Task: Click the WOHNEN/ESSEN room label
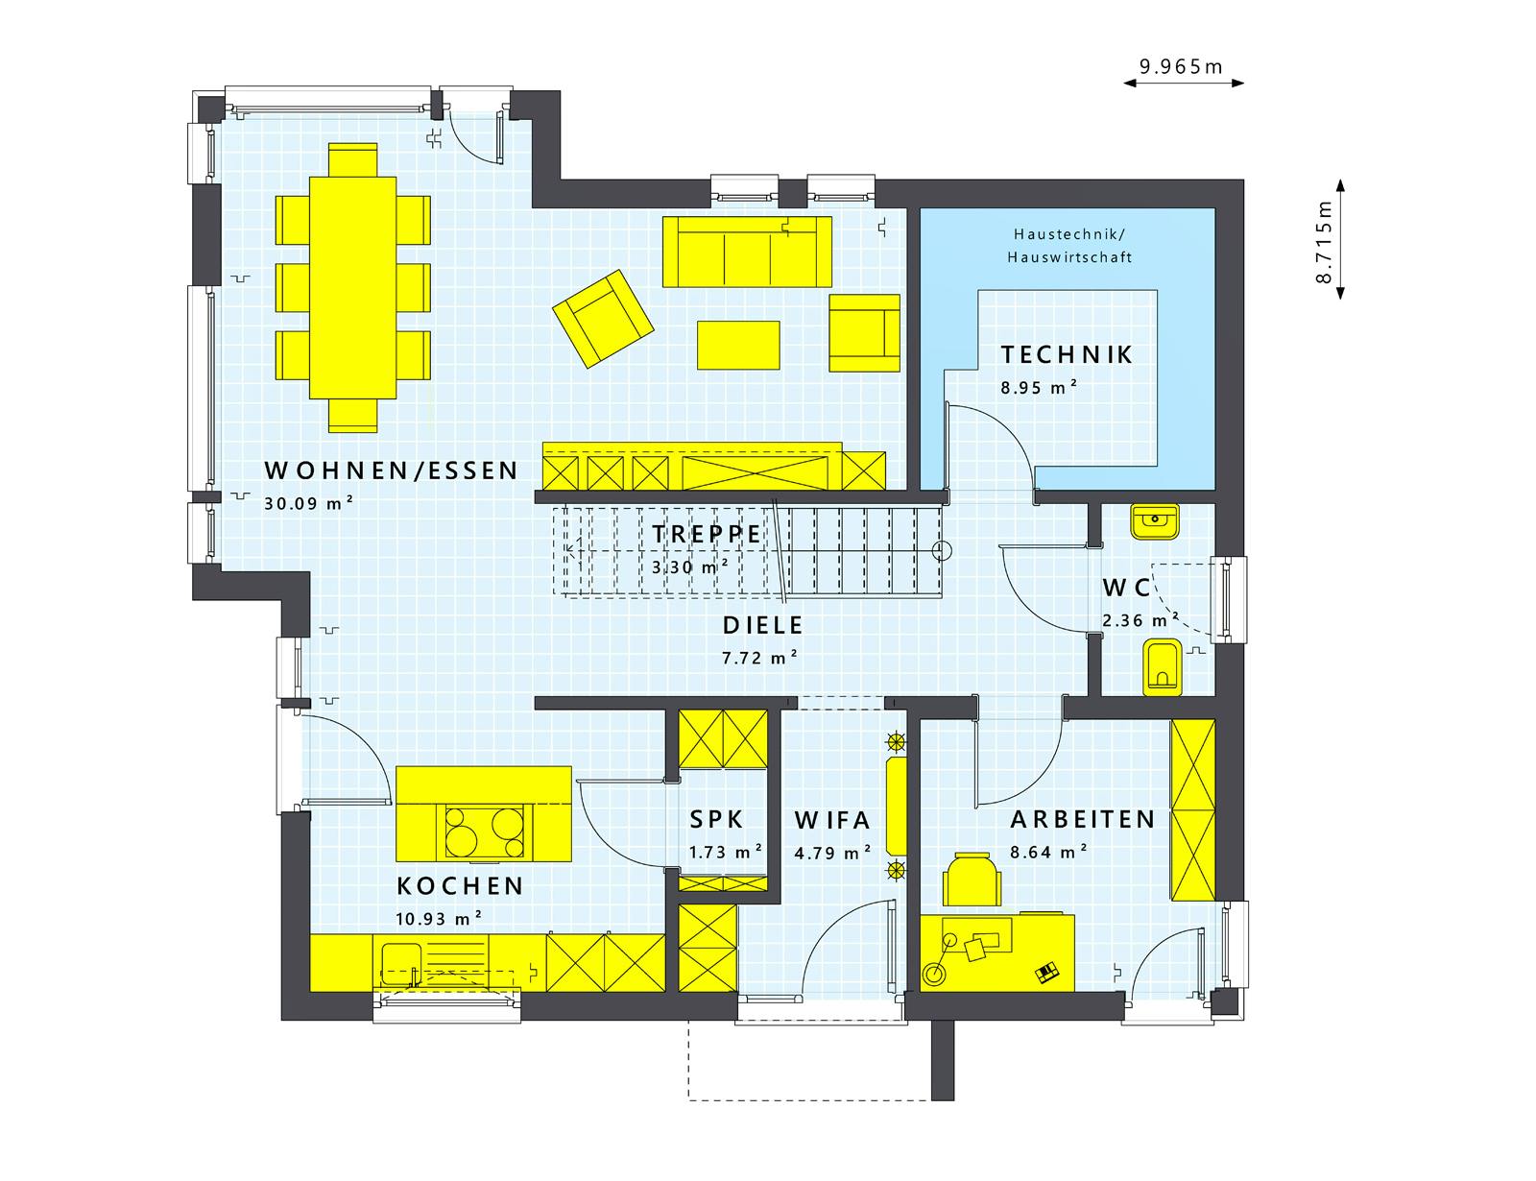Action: tap(391, 470)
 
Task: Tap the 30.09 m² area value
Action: tap(309, 503)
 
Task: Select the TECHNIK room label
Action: tap(1067, 355)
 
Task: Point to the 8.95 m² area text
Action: tap(1039, 387)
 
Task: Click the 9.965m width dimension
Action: tap(1181, 67)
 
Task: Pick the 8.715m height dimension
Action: tap(1323, 242)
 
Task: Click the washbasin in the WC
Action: tap(1155, 521)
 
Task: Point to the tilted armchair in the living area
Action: tap(603, 319)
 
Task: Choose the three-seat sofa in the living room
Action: tap(747, 252)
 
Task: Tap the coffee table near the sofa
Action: tap(738, 345)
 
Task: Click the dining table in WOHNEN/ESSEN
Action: tap(352, 288)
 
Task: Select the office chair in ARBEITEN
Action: tap(972, 880)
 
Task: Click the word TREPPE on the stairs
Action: tap(707, 534)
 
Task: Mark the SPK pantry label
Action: tap(717, 819)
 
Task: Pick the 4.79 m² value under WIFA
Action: tap(832, 853)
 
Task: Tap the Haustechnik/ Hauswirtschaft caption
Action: tap(1069, 245)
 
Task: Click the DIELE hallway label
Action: tap(763, 625)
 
